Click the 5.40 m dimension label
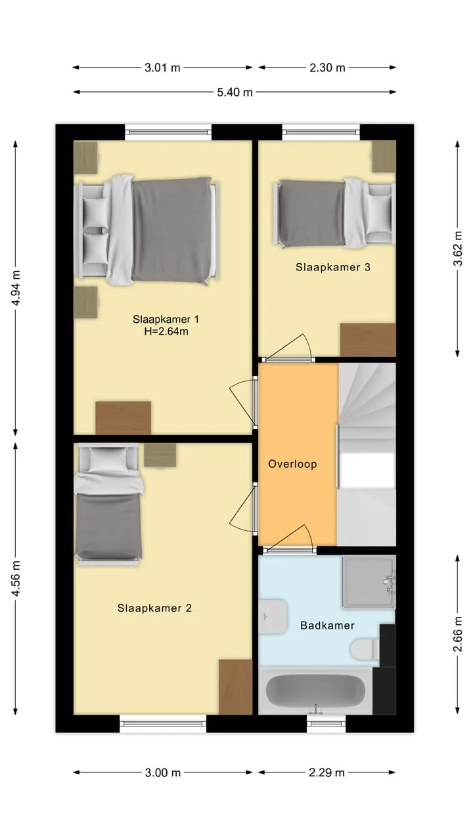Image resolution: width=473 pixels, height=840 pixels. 235,93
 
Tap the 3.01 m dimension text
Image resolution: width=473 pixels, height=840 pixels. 162,68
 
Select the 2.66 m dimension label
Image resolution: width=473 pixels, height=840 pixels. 458,635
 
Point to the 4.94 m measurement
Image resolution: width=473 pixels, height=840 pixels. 16,287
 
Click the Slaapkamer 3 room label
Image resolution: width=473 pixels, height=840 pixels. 333,267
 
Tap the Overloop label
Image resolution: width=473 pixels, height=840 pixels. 292,464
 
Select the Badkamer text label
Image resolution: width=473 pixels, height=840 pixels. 327,625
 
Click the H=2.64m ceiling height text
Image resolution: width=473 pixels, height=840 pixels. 166,331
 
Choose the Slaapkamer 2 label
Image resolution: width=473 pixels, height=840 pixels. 154,608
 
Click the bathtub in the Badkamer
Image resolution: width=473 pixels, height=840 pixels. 316,691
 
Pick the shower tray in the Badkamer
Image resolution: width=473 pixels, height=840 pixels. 369,581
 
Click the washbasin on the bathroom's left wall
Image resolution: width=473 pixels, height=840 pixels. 273,616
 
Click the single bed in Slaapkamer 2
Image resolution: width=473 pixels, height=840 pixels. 108,504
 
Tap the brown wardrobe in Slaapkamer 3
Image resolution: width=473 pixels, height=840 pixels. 368,340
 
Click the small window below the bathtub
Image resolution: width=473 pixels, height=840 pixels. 327,723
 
